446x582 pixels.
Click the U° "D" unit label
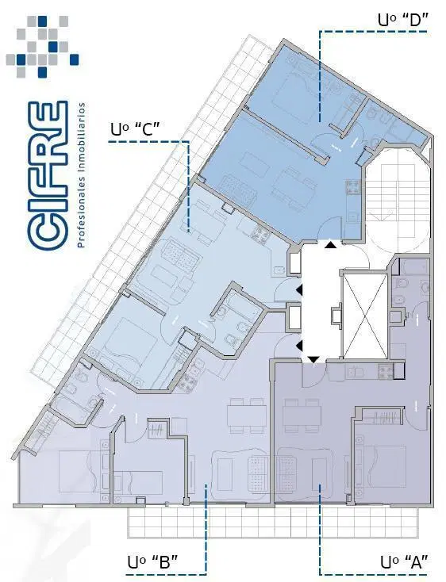pyautogui.click(x=403, y=19)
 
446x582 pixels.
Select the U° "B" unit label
pyautogui.click(x=152, y=561)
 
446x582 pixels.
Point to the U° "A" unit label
pyautogui.click(x=405, y=561)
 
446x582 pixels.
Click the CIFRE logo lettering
pyautogui.click(x=48, y=174)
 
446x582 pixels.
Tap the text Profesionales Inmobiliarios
pyautogui.click(x=82, y=174)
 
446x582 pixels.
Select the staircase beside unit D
pyautogui.click(x=398, y=201)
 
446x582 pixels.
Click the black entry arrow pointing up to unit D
pyautogui.click(x=330, y=244)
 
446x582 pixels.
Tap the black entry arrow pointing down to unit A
pyautogui.click(x=313, y=359)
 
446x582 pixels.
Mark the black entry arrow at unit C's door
pyautogui.click(x=299, y=290)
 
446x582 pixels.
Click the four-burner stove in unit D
pyautogui.click(x=353, y=187)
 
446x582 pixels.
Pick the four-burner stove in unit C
pyautogui.click(x=260, y=234)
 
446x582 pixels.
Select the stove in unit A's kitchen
pyautogui.click(x=386, y=371)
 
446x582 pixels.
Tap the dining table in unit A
pyautogui.click(x=302, y=415)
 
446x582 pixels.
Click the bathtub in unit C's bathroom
pyautogui.click(x=244, y=303)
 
